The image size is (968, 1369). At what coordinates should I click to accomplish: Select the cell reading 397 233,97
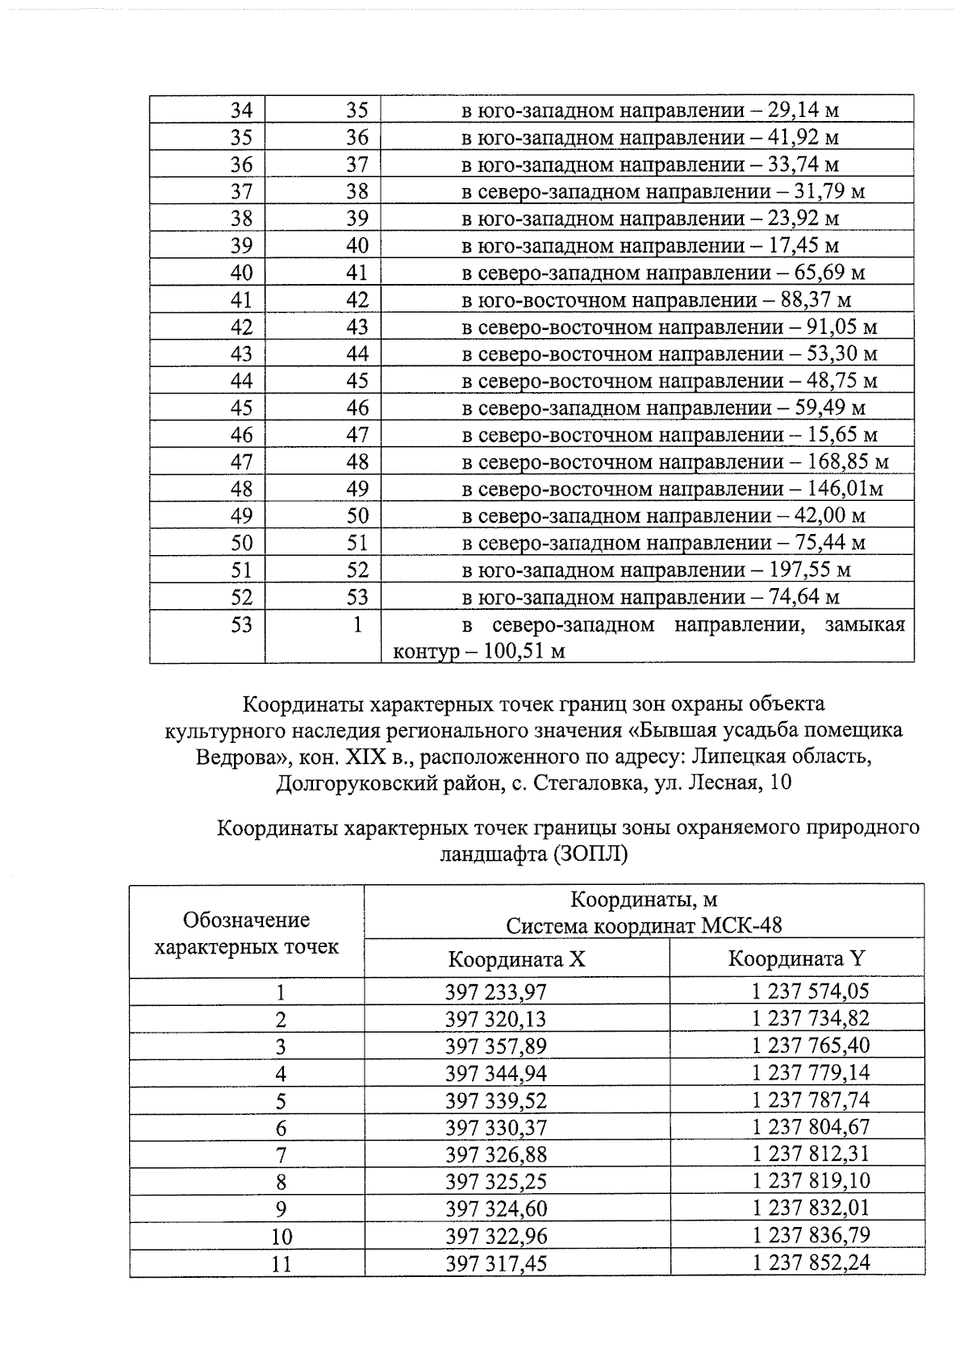[495, 992]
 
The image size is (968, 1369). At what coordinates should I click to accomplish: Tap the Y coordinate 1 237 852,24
[811, 1263]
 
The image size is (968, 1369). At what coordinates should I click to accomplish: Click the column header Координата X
[516, 959]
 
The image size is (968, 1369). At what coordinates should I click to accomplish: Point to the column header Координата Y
[796, 958]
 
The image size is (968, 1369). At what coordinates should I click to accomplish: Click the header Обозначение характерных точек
[246, 933]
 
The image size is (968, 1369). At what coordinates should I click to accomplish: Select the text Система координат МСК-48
[644, 925]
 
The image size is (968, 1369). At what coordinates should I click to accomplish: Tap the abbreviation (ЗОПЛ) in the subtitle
[590, 854]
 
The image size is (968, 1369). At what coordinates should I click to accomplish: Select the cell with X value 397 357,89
[495, 1046]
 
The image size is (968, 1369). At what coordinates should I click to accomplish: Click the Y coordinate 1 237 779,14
[811, 1073]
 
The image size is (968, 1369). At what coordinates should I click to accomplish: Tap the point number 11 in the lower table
[280, 1263]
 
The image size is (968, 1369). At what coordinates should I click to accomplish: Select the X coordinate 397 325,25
[495, 1182]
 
